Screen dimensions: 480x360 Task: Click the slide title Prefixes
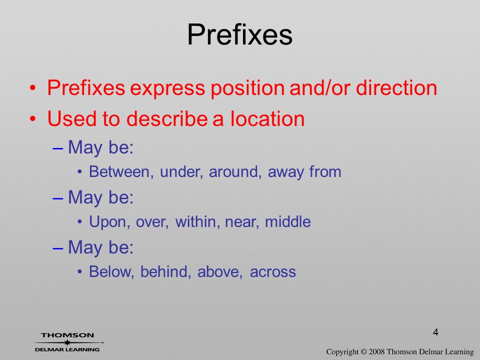[239, 34]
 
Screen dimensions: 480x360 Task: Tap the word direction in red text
[396, 87]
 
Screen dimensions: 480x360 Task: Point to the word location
[267, 118]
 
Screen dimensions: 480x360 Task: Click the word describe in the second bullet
[167, 118]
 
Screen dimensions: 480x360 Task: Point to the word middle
[288, 221]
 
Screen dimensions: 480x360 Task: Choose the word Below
[111, 271]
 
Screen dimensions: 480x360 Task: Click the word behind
[165, 271]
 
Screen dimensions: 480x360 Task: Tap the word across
[273, 272]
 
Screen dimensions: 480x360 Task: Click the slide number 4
[435, 332]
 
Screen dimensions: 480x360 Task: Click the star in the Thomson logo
[67, 342]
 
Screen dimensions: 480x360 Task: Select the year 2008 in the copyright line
[376, 351]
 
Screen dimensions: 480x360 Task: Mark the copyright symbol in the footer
[363, 351]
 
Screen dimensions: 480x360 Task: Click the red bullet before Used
[33, 119]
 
